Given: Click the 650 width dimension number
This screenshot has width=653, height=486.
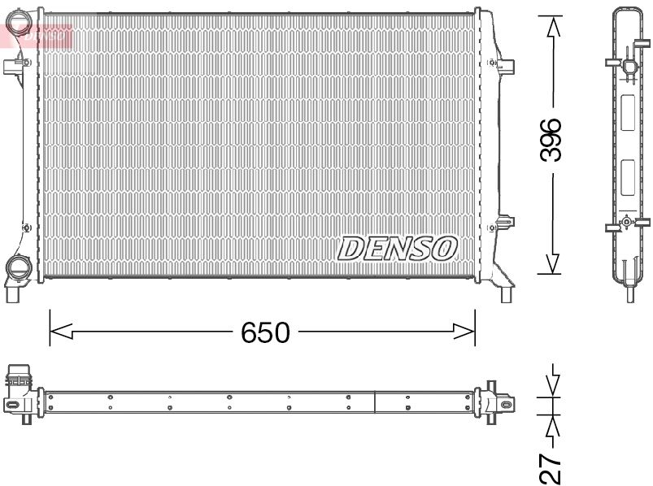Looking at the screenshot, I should click(x=264, y=332).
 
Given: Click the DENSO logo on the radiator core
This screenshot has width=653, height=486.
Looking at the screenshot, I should click(x=397, y=247).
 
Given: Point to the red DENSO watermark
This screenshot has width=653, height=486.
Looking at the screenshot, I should click(x=41, y=34).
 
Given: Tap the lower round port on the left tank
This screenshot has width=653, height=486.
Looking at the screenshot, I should click(x=16, y=267).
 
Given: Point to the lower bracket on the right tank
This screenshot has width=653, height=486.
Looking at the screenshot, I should click(x=504, y=221).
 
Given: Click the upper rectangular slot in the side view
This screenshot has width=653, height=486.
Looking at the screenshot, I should click(x=627, y=113).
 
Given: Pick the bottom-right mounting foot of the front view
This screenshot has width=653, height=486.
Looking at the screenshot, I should click(x=507, y=293).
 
